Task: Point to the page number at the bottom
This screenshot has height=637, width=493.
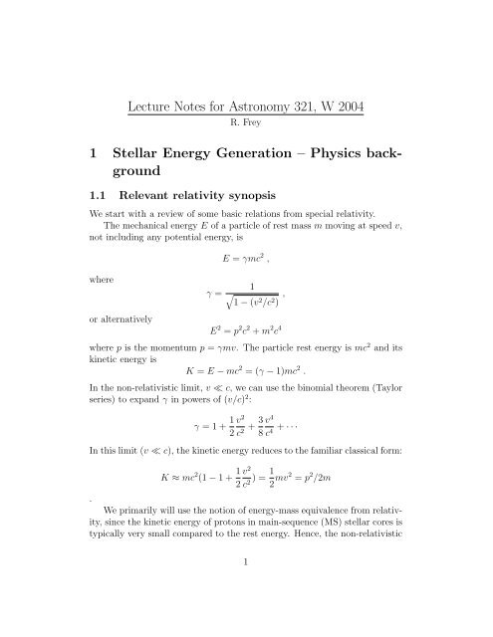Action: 246,617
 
